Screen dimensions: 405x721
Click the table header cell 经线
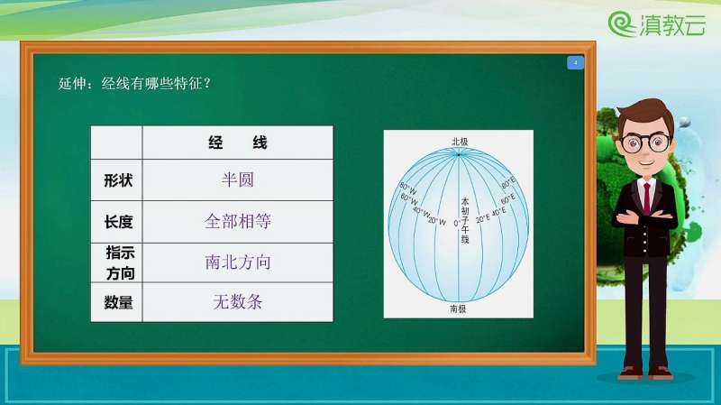tap(238, 143)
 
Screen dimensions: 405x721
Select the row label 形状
tap(117, 179)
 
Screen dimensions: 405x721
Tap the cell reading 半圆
tap(238, 179)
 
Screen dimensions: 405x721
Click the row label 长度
tap(117, 221)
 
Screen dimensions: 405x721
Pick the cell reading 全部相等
tap(238, 221)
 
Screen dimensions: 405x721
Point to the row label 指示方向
tap(117, 262)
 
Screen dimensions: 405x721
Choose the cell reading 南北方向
tap(238, 262)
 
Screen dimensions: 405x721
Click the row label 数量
tap(117, 303)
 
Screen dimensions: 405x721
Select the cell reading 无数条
tap(238, 303)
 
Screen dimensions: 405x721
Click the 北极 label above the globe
tap(460, 141)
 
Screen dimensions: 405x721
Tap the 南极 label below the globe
tap(458, 308)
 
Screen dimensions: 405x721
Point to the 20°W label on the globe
tap(437, 219)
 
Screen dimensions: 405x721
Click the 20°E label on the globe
tap(483, 217)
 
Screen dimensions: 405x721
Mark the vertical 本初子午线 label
tap(465, 220)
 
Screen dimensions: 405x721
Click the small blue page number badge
tap(575, 63)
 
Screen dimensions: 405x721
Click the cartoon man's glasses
tap(644, 142)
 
